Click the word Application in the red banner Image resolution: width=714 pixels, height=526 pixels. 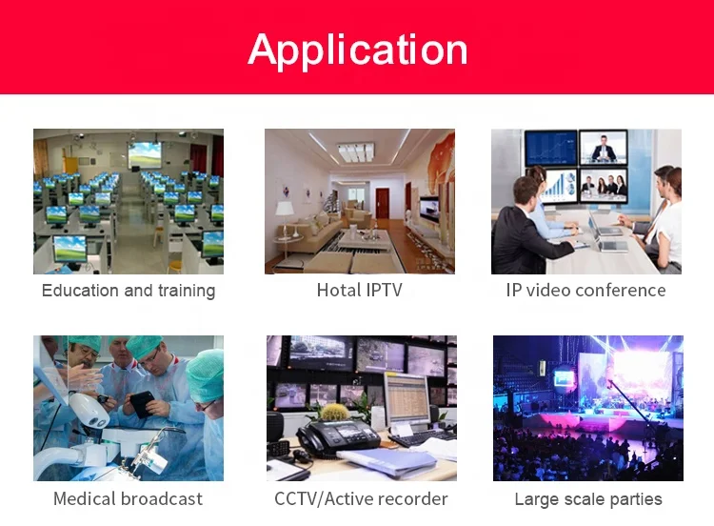pyautogui.click(x=357, y=49)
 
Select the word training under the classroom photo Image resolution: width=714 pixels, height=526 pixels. pyautogui.click(x=186, y=291)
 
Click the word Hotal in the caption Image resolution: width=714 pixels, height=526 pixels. pyautogui.click(x=338, y=290)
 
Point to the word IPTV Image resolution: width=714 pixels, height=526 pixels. pyautogui.click(x=384, y=290)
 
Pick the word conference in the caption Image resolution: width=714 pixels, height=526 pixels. pyautogui.click(x=621, y=290)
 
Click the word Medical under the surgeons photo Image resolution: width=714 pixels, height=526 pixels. pyautogui.click(x=87, y=498)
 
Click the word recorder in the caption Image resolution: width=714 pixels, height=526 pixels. pyautogui.click(x=410, y=498)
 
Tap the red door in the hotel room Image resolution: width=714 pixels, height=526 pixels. pyautogui.click(x=382, y=202)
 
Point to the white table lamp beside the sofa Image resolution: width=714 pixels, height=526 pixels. pyautogui.click(x=285, y=211)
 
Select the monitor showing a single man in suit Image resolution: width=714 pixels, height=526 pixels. pyautogui.click(x=604, y=147)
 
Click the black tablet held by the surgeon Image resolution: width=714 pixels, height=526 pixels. pyautogui.click(x=142, y=404)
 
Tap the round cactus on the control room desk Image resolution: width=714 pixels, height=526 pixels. pyautogui.click(x=332, y=413)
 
